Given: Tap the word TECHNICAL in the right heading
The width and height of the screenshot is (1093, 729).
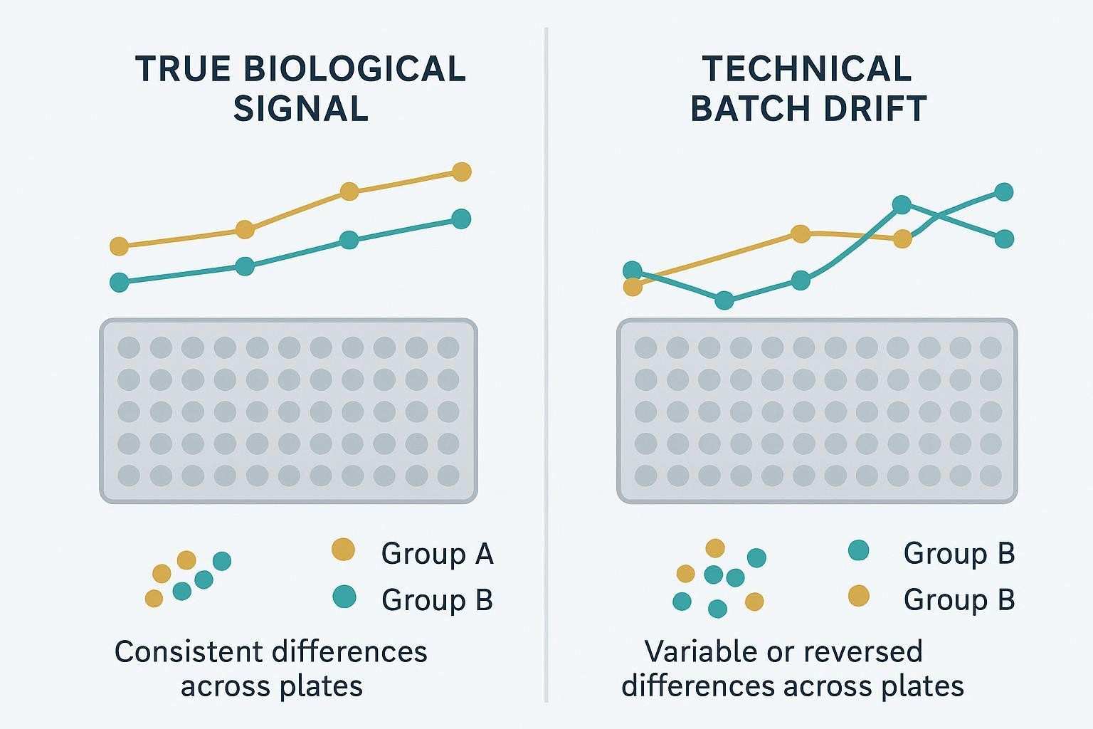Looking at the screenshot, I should pyautogui.click(x=807, y=69).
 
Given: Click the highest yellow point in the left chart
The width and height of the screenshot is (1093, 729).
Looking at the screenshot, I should pyautogui.click(x=462, y=172).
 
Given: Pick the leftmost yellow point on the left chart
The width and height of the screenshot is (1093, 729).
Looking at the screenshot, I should pyautogui.click(x=120, y=246).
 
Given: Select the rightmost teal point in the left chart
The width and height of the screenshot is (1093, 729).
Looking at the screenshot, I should pyautogui.click(x=461, y=219).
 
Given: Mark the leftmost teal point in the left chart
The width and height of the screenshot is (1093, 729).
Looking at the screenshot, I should pyautogui.click(x=120, y=283).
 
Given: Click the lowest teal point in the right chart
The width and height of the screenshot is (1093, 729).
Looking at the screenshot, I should pyautogui.click(x=724, y=300).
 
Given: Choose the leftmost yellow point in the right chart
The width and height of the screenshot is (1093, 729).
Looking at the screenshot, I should pyautogui.click(x=632, y=287).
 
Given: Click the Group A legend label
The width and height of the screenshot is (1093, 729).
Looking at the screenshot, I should pyautogui.click(x=437, y=554).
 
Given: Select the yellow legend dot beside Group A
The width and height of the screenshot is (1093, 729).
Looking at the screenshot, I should pyautogui.click(x=344, y=550).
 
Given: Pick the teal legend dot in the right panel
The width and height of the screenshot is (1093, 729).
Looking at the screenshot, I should pyautogui.click(x=859, y=550).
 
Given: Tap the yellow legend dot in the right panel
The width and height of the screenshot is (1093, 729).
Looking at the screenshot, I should pyautogui.click(x=859, y=596).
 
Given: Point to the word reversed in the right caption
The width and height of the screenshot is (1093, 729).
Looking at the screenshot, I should pyautogui.click(x=862, y=651).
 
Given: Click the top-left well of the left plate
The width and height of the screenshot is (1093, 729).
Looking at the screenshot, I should pyautogui.click(x=129, y=348).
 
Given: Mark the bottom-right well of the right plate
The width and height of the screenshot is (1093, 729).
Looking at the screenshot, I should pyautogui.click(x=991, y=475).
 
